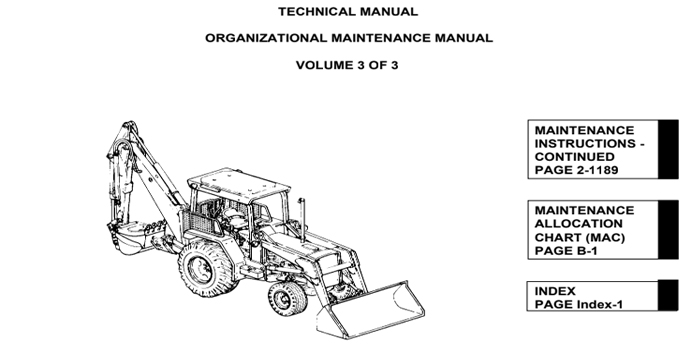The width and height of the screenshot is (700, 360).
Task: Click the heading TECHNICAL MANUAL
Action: pos(348,12)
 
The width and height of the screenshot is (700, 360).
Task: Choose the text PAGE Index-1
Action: pos(578,304)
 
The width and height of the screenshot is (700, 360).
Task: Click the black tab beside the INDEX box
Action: pos(666,297)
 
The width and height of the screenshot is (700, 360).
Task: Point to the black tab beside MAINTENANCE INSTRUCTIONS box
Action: pos(666,151)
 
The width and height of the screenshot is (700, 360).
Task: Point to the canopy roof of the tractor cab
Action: pos(234,183)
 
